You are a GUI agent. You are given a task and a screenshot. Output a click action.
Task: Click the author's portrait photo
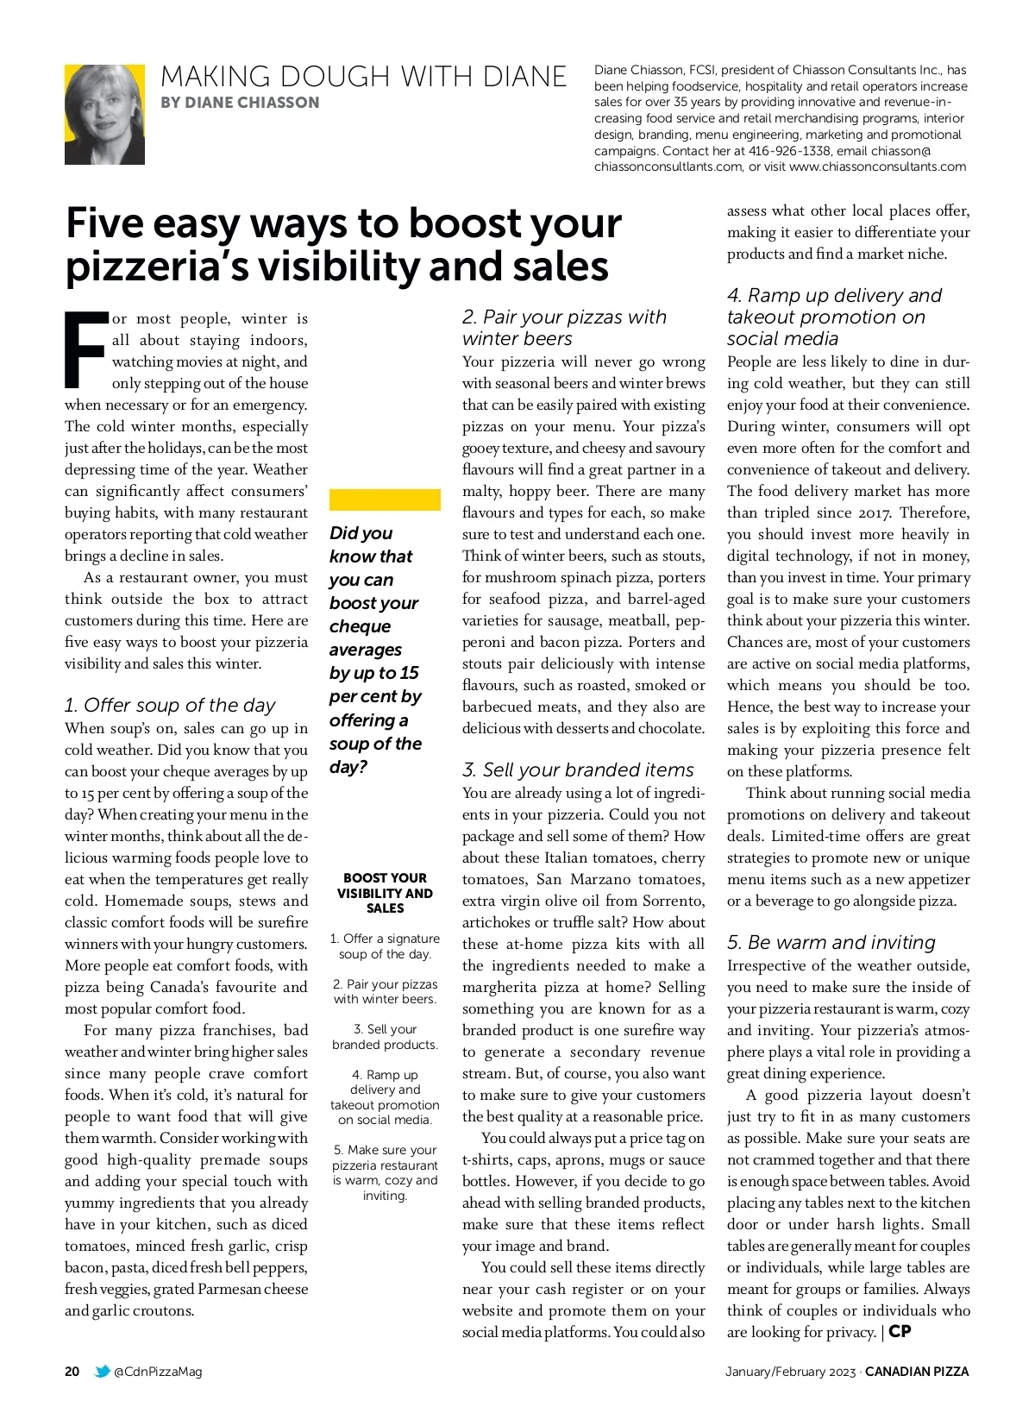(x=104, y=114)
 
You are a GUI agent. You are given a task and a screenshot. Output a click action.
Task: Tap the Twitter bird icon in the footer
(x=103, y=1371)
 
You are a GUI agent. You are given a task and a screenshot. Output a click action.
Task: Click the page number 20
(x=72, y=1371)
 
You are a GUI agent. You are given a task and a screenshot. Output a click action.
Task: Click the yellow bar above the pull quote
(x=385, y=499)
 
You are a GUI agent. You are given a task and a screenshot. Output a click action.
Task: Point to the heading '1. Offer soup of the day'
(x=170, y=705)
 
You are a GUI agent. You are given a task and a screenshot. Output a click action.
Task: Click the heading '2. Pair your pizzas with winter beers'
(x=564, y=328)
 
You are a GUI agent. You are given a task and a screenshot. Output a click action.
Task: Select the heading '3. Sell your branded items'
(x=578, y=769)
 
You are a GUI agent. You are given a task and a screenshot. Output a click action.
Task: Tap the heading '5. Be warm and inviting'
(x=831, y=942)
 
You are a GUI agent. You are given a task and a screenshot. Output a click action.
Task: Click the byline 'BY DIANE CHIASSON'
(x=240, y=103)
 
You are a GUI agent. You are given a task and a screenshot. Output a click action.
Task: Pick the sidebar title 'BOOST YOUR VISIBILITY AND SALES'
(x=385, y=893)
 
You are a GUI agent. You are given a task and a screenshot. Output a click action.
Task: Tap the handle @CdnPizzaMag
(x=158, y=1371)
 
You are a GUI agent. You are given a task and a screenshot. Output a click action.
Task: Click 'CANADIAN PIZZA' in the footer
(x=917, y=1371)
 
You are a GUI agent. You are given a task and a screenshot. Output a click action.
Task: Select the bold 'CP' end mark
(x=900, y=1331)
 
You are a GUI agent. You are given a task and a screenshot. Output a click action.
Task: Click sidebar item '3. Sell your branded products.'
(x=385, y=1036)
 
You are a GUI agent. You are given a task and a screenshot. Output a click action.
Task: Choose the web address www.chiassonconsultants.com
(x=877, y=166)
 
